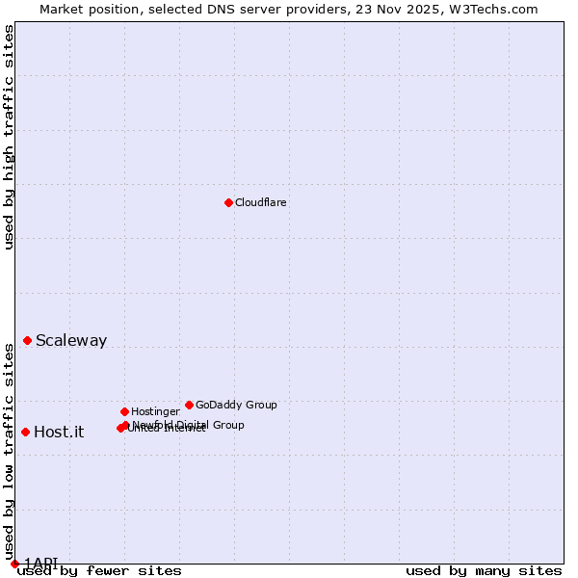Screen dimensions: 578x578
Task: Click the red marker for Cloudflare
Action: coord(228,202)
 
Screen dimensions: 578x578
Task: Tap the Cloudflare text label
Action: coord(261,202)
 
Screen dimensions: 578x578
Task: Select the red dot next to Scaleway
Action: coord(28,340)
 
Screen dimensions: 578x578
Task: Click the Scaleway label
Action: coord(71,340)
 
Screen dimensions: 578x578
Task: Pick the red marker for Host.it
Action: coord(25,432)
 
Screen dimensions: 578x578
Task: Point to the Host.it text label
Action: coord(59,432)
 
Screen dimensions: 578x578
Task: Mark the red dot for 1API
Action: coord(14,564)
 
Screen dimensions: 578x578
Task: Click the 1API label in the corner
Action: coord(41,563)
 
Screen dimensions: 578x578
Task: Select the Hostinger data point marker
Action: coord(124,411)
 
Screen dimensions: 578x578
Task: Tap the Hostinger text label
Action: coord(155,411)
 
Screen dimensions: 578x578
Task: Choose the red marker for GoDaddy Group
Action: coord(189,405)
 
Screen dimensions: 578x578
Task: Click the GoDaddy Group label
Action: coord(236,405)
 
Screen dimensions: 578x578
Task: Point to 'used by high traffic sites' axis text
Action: coord(10,137)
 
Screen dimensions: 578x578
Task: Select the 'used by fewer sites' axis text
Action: coord(99,571)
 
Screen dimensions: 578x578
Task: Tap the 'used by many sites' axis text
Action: coord(484,571)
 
